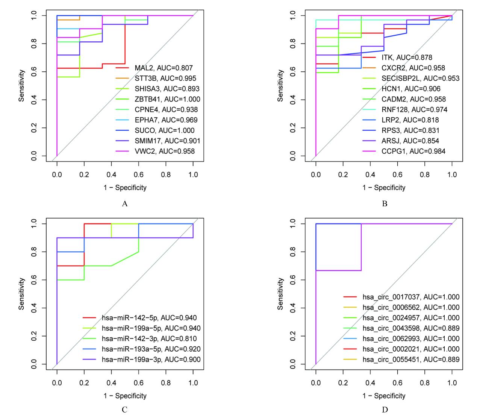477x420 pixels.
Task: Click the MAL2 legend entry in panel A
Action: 164,68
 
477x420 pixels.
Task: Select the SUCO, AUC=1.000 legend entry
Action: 165,130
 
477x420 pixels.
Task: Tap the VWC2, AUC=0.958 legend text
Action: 165,151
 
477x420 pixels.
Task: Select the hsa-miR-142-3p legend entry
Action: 149,339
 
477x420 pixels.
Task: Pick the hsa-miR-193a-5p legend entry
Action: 151,349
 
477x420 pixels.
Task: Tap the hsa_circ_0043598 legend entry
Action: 411,328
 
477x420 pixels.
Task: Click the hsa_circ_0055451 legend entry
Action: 411,360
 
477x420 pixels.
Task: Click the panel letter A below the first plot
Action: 125,204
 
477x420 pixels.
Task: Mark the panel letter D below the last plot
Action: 385,409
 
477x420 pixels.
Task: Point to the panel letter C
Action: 125,409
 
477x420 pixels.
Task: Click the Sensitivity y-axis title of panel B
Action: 280,85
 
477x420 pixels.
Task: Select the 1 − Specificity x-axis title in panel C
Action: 125,396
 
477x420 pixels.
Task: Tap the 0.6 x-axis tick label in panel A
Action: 139,175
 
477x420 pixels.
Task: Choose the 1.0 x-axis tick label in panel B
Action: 452,175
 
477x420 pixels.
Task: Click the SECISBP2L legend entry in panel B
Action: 420,79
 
